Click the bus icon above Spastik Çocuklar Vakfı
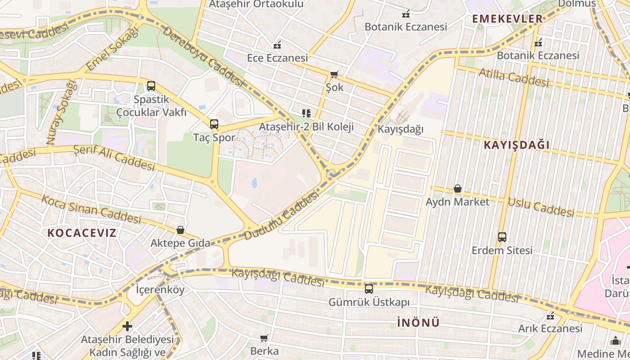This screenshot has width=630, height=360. [x=151, y=86]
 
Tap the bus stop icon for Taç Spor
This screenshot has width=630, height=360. [x=214, y=124]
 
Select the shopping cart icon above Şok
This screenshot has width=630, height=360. [x=334, y=74]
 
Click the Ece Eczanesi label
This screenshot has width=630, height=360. [x=277, y=58]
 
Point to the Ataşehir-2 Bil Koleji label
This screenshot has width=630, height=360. [x=306, y=127]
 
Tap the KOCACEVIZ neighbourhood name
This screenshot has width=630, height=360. [x=82, y=233]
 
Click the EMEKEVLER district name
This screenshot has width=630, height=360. [x=507, y=19]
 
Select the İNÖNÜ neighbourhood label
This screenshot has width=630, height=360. [x=418, y=323]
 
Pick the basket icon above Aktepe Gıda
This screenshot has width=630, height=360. [x=180, y=230]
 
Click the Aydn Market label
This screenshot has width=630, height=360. [x=457, y=202]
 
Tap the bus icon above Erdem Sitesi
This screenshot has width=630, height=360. [x=502, y=237]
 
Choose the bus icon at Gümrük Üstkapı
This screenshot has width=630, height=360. [x=369, y=289]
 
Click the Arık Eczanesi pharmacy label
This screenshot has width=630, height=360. [x=550, y=328]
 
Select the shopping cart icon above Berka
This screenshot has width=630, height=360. [x=264, y=338]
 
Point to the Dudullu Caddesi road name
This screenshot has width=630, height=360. [x=282, y=216]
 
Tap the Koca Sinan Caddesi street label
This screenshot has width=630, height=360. [x=91, y=209]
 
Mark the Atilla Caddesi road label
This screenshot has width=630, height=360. [x=513, y=77]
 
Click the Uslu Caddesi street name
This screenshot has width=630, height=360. [x=541, y=207]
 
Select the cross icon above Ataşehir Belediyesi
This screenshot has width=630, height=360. [x=127, y=326]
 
